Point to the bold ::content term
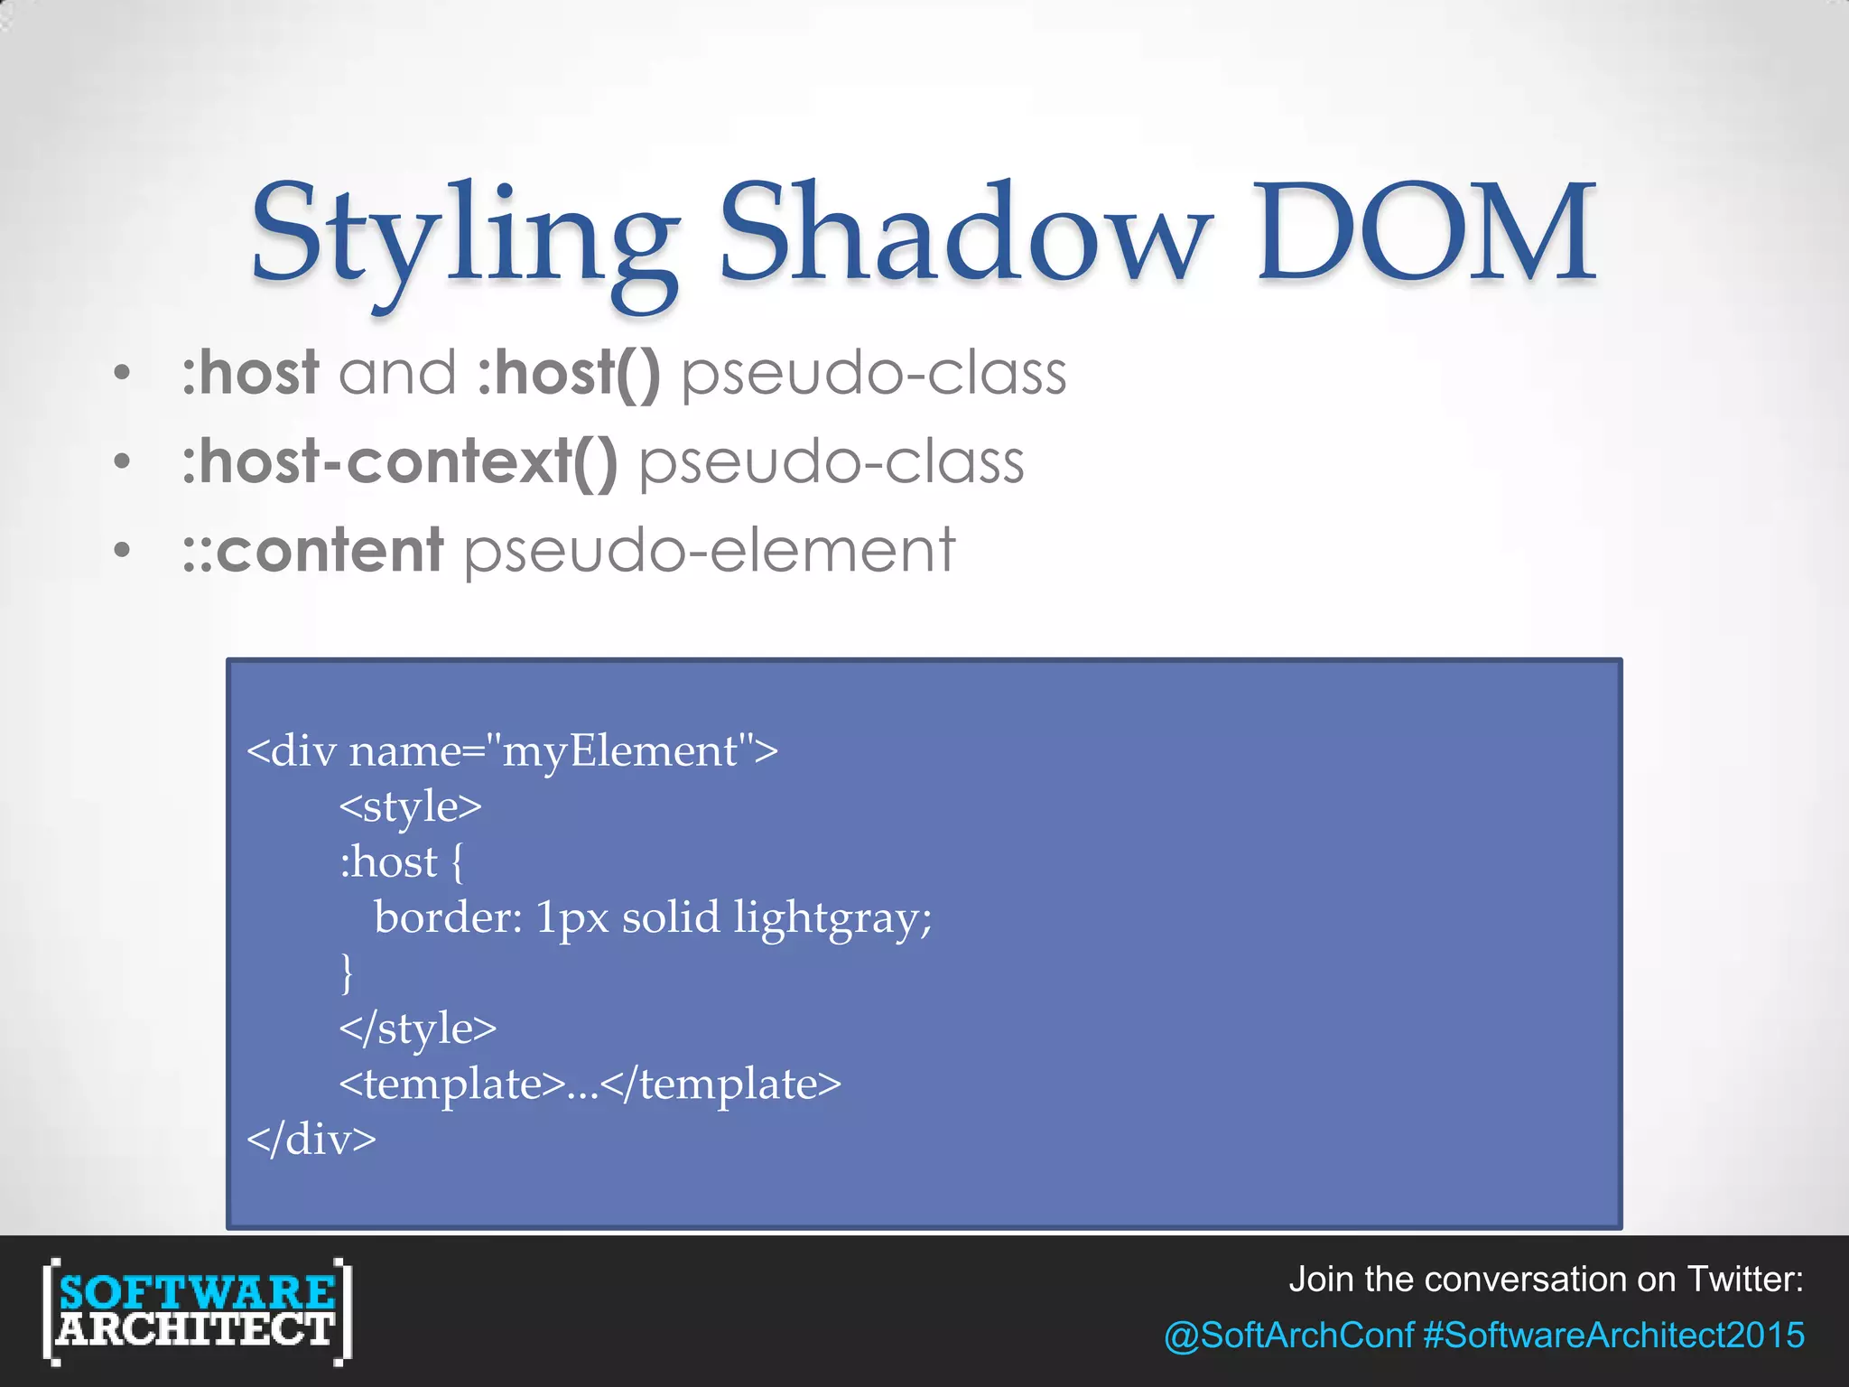point(312,550)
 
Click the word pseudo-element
point(709,550)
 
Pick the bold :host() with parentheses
point(569,373)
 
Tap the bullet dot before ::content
point(123,550)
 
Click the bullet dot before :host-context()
point(123,462)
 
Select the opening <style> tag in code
point(411,806)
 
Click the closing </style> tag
point(418,1029)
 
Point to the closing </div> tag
point(311,1140)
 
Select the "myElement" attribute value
point(620,751)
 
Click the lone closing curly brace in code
point(347,973)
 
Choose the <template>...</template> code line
point(590,1084)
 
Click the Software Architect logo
point(197,1311)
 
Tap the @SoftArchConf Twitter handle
point(1288,1336)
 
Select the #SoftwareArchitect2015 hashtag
point(1613,1336)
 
